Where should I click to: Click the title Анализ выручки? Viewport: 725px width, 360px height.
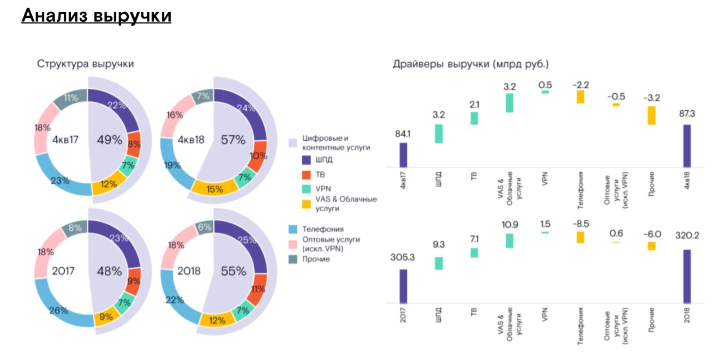coord(97,16)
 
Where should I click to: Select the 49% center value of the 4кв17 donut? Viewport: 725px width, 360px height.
coord(109,140)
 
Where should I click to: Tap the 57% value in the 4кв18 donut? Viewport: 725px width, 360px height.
coord(233,140)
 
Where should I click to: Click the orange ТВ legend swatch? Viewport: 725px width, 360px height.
coord(307,175)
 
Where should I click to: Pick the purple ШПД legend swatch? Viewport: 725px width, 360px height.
coord(307,161)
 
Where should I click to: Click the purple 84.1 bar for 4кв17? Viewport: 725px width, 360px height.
coord(403,155)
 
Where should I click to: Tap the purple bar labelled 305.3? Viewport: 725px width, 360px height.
coord(403,286)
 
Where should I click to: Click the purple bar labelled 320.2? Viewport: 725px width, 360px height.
coord(687,276)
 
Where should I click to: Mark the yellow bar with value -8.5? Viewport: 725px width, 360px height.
coord(580,237)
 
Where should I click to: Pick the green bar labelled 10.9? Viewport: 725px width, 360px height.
coord(510,241)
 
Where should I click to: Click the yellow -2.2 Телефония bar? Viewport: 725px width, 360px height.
coord(580,97)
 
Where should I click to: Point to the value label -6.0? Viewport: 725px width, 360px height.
coord(651,234)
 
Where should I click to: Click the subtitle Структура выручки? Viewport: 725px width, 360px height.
coord(86,64)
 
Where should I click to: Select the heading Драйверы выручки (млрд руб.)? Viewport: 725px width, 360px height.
coord(471,64)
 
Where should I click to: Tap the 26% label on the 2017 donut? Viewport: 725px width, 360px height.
coord(58,310)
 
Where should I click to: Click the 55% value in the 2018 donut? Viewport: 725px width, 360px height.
coord(233,271)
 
